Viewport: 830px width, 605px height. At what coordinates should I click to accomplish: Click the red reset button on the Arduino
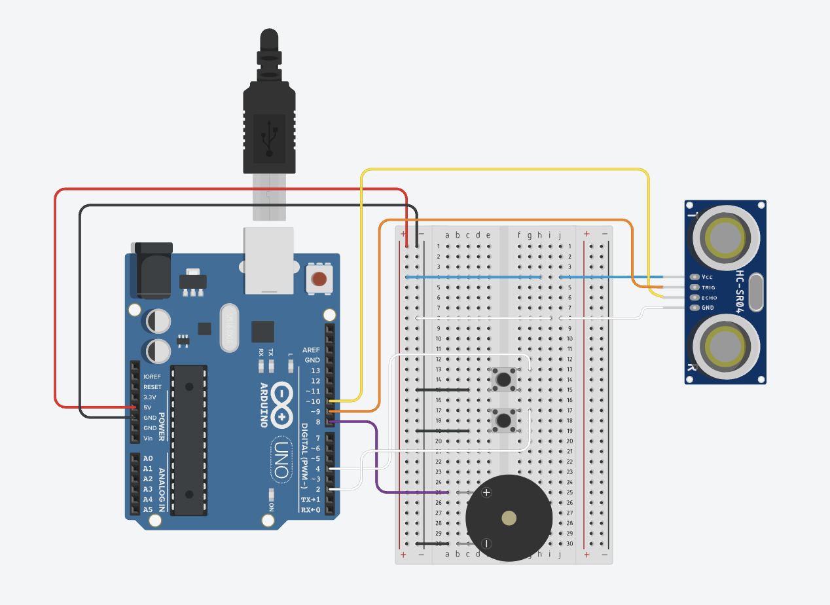click(x=319, y=279)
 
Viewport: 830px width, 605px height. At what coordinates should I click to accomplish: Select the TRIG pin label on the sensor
click(x=709, y=287)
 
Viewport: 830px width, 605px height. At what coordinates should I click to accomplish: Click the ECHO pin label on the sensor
click(x=710, y=298)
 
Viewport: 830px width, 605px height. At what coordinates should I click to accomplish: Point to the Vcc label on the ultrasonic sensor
click(x=707, y=277)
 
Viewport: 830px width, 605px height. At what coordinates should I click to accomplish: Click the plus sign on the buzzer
click(x=486, y=492)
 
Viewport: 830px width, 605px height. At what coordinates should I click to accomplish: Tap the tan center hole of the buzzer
click(x=509, y=518)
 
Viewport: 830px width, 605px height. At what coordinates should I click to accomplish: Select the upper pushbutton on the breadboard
click(x=503, y=378)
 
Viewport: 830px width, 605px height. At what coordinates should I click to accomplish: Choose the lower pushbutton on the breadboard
click(x=503, y=419)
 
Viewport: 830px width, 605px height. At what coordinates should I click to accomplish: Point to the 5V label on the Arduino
click(x=149, y=407)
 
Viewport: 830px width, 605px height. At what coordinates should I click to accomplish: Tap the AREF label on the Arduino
click(x=312, y=350)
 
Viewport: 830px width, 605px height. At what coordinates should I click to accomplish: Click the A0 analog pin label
click(x=148, y=458)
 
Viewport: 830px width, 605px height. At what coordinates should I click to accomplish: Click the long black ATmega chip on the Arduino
click(x=189, y=440)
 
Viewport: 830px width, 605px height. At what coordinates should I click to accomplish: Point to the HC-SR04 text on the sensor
click(x=742, y=291)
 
